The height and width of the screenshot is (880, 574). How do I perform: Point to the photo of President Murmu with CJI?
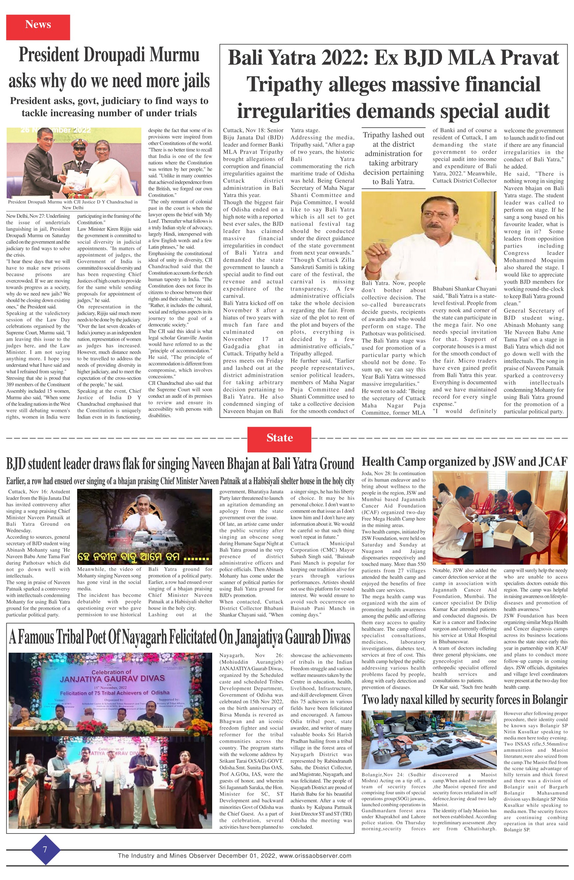tap(74, 163)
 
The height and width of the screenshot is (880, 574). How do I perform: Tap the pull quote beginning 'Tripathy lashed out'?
tap(393, 158)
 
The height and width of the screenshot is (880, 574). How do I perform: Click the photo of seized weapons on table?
tap(429, 740)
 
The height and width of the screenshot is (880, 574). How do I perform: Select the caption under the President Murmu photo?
tap(73, 204)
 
